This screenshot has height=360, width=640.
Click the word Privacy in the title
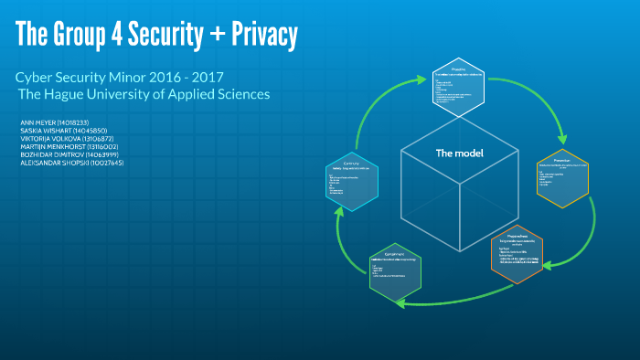pos(260,36)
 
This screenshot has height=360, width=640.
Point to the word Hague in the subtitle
pos(70,95)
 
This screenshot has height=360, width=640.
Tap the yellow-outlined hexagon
pos(561,176)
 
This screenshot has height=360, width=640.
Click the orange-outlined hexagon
pos(517,253)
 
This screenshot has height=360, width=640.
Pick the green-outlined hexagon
pos(396,273)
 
